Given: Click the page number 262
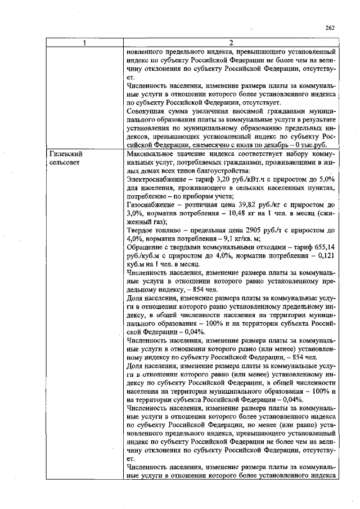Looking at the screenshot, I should (x=330, y=28).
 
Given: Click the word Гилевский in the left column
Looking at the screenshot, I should (x=66, y=154).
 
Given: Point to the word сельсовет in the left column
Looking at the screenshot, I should (x=65, y=162).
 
